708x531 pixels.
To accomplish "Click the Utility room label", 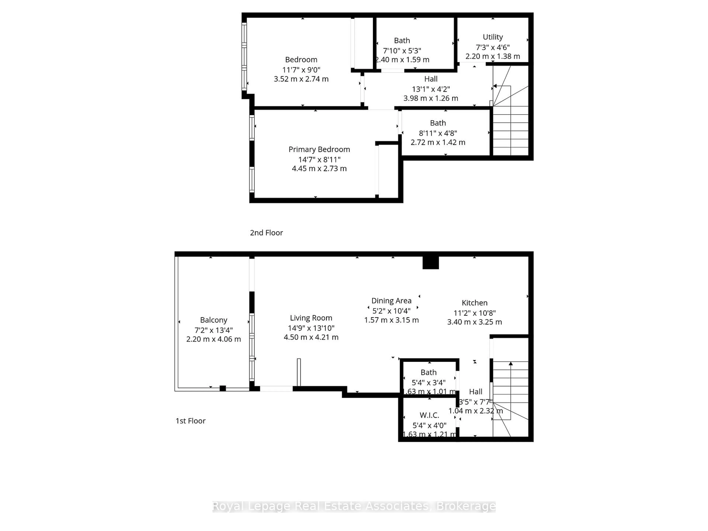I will click(493, 37).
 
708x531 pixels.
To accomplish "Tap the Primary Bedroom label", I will click(319, 150).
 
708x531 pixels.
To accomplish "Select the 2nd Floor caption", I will click(266, 233).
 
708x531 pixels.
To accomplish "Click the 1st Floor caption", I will click(190, 421).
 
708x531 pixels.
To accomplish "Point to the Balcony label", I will click(214, 320).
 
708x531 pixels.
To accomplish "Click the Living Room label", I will click(311, 318).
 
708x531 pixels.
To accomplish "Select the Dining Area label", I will click(391, 301).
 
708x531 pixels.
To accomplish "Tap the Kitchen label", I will click(474, 303).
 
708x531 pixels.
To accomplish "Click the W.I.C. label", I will click(429, 415).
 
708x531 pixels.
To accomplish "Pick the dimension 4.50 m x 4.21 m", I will click(311, 337).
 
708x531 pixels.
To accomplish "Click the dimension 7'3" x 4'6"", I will click(493, 47).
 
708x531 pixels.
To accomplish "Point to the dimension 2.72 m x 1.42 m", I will click(438, 143).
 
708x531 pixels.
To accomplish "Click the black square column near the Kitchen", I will click(431, 263).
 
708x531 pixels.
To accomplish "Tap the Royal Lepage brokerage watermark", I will click(354, 506).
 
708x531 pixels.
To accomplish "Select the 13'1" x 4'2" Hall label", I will click(431, 79).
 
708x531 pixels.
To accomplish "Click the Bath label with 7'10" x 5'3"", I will click(402, 41).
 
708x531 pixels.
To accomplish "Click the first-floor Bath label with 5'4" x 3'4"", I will click(428, 373).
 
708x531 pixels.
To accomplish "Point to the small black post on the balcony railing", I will click(223, 388).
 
